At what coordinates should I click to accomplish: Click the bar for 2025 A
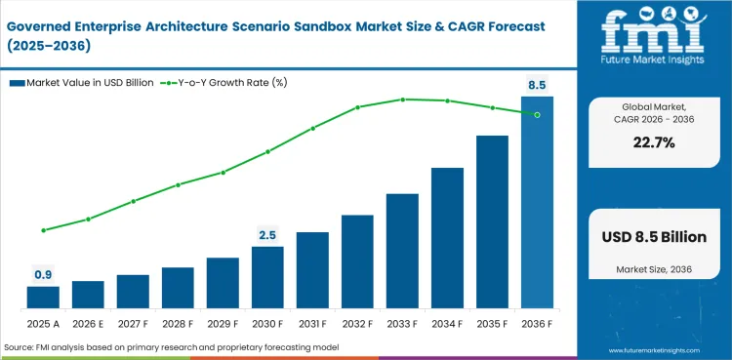pos(43,297)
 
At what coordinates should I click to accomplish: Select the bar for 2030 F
pos(267,277)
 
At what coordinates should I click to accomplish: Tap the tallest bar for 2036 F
pos(537,202)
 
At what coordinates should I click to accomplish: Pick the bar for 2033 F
pos(402,251)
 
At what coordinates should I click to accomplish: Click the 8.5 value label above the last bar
pos(537,86)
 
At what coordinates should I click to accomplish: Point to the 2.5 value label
pos(267,235)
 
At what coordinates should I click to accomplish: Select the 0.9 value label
pos(43,275)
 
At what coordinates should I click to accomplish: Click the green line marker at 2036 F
pos(537,114)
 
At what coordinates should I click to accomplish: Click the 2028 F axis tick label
pos(178,323)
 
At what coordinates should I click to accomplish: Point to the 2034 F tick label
pos(447,323)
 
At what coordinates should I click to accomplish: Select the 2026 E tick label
pos(88,323)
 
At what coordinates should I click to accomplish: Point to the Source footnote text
pos(171,347)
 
